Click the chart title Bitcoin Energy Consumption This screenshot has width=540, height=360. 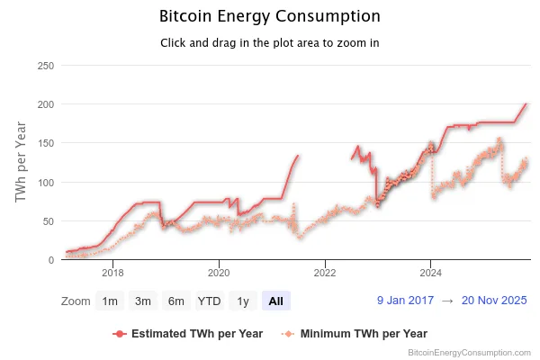(269, 17)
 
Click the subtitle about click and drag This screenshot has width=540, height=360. (269, 43)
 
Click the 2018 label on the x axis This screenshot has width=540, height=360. (112, 273)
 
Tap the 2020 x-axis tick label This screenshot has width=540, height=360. (219, 273)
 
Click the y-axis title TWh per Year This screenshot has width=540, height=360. (22, 163)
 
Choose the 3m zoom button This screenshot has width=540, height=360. (143, 301)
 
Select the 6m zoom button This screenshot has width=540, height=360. (176, 301)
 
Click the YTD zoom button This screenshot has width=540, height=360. (210, 301)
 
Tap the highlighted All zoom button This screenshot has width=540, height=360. (275, 301)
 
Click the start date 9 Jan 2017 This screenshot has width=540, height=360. (406, 301)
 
